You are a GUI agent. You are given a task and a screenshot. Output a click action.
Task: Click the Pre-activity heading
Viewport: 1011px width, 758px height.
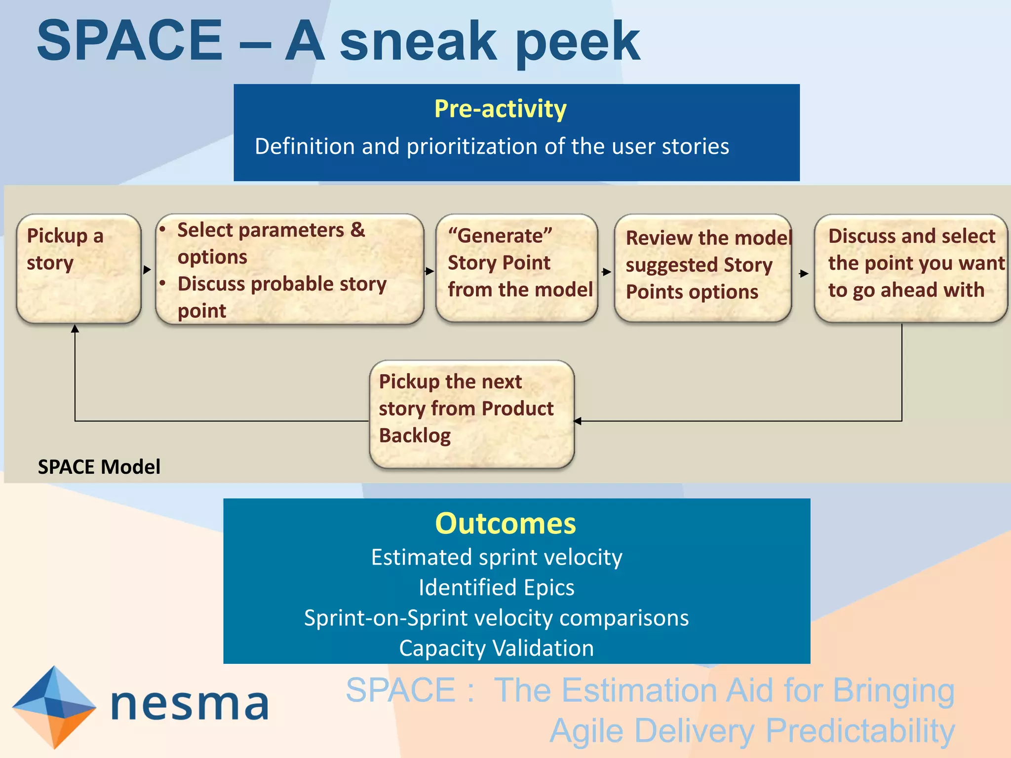click(x=500, y=109)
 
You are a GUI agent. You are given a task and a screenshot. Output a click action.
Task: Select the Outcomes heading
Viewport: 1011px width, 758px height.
click(x=505, y=523)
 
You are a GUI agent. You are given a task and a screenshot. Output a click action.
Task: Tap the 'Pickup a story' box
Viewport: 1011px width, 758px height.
click(x=78, y=269)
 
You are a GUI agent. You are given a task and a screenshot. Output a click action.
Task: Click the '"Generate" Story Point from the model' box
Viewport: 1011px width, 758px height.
click(x=516, y=268)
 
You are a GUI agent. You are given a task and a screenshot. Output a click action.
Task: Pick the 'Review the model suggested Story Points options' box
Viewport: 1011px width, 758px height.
click(x=702, y=268)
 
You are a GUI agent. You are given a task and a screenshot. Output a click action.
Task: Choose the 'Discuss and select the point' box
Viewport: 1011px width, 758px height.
click(x=910, y=268)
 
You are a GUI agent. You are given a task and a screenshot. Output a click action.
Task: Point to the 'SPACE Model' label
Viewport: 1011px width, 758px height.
click(x=99, y=467)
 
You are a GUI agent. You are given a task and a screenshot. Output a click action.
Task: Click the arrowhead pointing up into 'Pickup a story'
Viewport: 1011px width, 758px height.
click(x=75, y=328)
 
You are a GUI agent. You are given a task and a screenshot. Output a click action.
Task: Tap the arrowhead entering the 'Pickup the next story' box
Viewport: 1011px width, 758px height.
click(x=578, y=421)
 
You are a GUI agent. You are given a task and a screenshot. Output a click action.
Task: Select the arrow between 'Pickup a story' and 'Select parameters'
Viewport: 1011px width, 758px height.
click(x=147, y=269)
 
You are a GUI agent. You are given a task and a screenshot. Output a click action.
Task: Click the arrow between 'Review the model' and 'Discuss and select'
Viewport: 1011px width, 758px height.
click(x=804, y=273)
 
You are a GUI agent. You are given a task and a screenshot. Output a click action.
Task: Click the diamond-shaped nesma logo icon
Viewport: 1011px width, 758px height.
click(x=53, y=707)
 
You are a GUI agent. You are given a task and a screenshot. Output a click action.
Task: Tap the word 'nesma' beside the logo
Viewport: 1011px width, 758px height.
click(x=190, y=704)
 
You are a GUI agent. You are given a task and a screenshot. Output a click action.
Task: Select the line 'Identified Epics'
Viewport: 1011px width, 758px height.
click(x=496, y=588)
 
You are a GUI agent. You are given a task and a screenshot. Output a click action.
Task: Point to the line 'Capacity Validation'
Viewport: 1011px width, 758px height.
click(x=496, y=648)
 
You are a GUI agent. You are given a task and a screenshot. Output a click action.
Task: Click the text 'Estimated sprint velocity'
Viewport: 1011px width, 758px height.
click(x=496, y=557)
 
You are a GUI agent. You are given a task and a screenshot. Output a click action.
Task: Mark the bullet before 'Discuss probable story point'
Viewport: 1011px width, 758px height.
click(x=162, y=284)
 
